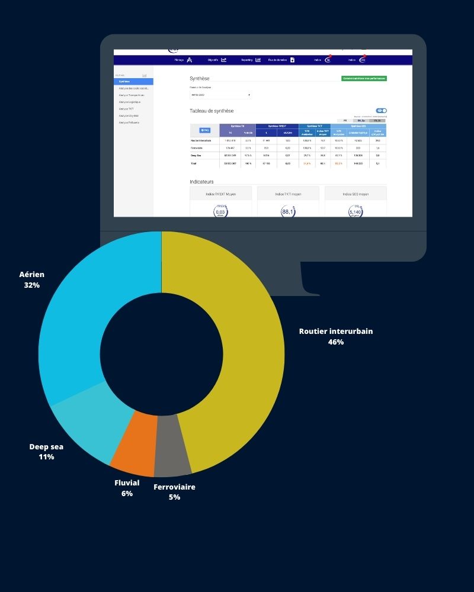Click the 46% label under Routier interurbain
pos(335,342)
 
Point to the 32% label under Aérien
pos(32,285)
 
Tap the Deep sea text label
pos(46,446)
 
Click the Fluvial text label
pos(127,482)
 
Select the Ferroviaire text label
pos(174,487)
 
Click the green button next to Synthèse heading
pos(364,78)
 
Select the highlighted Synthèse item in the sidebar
pos(134,82)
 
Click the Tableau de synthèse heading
pos(212,111)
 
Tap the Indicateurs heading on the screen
pos(201,182)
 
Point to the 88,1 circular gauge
pos(288,211)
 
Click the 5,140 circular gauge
pos(355,211)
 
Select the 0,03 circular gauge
pos(220,211)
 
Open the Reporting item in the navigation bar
pos(251,60)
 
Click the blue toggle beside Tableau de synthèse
pos(381,111)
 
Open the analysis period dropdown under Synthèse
pos(220,95)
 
